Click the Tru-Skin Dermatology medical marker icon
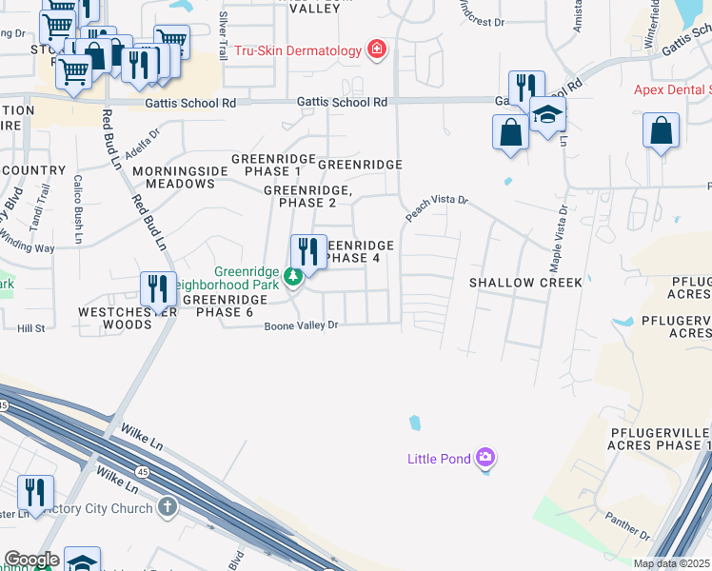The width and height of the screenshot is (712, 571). click(377, 49)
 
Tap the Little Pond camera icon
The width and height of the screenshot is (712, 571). click(486, 460)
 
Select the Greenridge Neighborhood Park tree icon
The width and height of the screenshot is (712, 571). click(295, 276)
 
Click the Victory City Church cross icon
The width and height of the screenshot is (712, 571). click(168, 507)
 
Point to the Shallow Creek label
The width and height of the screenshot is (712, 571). click(525, 283)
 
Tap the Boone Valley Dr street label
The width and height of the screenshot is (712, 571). click(301, 325)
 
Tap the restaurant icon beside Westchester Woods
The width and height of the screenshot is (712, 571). click(158, 288)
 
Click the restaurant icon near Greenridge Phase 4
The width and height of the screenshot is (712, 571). click(308, 252)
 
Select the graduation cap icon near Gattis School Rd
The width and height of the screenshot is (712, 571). click(547, 115)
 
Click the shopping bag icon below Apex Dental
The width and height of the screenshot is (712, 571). click(661, 129)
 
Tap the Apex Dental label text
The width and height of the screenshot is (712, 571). click(672, 90)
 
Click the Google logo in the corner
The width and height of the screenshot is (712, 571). click(31, 560)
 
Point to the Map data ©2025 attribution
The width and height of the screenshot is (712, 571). click(671, 563)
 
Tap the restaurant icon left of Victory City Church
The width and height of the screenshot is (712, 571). click(35, 493)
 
